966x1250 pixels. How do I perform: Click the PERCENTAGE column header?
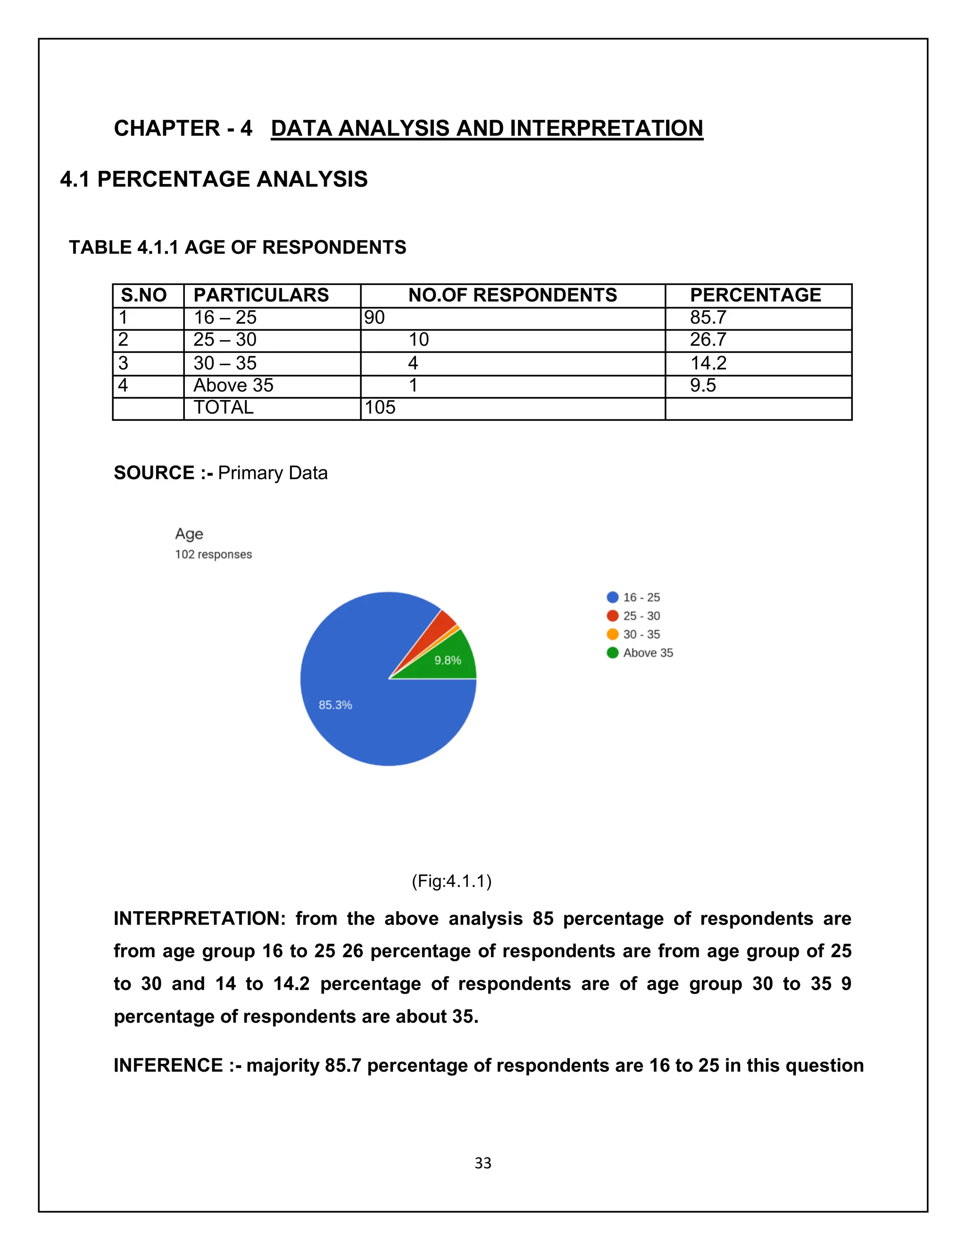pyautogui.click(x=756, y=295)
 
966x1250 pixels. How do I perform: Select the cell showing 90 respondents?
pyautogui.click(x=375, y=317)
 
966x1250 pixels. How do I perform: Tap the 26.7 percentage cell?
pyautogui.click(x=708, y=340)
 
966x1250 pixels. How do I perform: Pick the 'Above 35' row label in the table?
pyautogui.click(x=233, y=386)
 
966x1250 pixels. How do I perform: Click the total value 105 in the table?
pyautogui.click(x=380, y=408)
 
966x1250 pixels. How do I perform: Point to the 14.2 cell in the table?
pyautogui.click(x=708, y=363)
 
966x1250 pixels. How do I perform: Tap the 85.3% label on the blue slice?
pyautogui.click(x=335, y=705)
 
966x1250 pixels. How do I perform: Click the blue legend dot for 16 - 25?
pyautogui.click(x=612, y=598)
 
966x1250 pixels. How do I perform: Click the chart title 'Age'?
pyautogui.click(x=189, y=534)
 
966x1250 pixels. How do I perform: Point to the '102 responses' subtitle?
pyautogui.click(x=214, y=555)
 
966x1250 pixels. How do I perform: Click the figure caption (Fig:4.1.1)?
pyautogui.click(x=451, y=881)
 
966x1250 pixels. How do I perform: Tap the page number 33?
pyautogui.click(x=483, y=1163)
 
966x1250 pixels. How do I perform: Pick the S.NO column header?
pyautogui.click(x=144, y=295)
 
